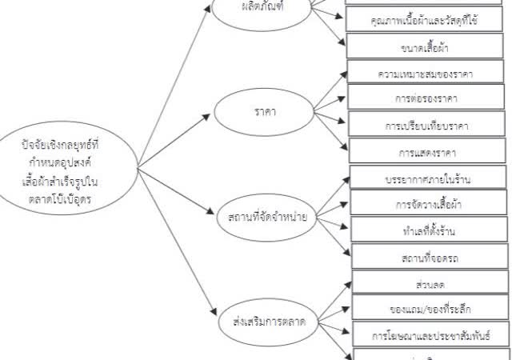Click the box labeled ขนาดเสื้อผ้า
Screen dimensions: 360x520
426,46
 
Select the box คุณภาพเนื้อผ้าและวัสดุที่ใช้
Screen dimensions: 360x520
426,18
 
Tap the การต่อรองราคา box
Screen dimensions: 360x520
426,98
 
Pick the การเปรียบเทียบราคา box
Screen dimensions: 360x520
426,125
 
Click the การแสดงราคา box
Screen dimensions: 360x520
426,150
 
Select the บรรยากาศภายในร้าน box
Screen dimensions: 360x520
428,177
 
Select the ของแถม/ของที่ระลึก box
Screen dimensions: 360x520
430,307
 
